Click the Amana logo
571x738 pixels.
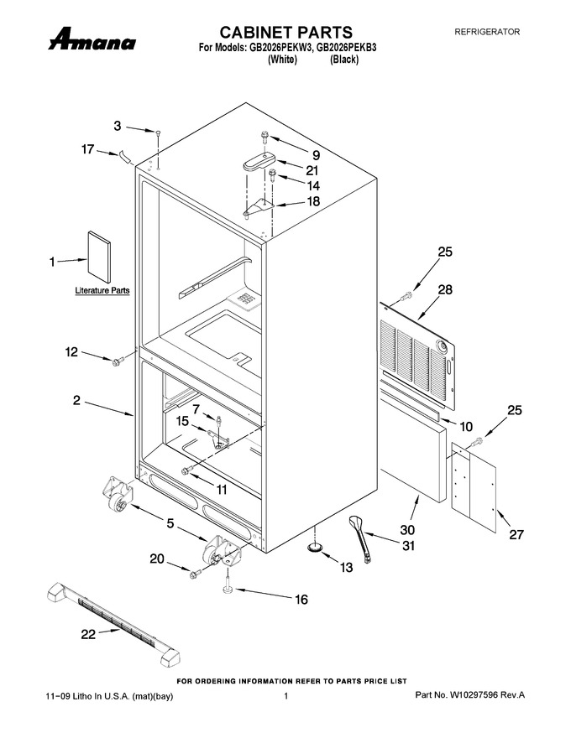92,39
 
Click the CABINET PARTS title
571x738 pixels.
286,32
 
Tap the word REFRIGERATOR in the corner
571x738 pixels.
487,32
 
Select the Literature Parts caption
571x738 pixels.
102,290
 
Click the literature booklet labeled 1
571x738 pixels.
99,256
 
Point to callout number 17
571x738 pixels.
87,149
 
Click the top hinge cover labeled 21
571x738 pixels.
259,161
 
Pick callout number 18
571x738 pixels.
313,201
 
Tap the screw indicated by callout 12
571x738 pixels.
117,361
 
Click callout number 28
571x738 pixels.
445,289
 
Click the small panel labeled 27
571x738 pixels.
474,487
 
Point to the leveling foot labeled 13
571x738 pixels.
315,547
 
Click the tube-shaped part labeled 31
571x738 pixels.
360,538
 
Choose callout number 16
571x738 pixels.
301,599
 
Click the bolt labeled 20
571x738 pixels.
196,574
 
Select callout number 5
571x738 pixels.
170,523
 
